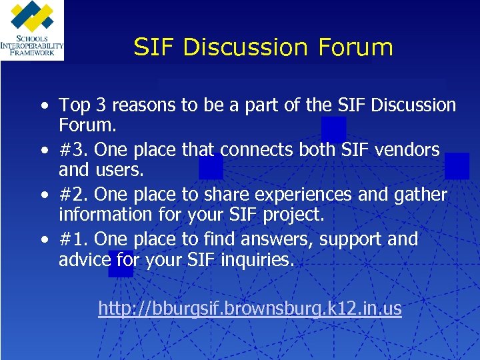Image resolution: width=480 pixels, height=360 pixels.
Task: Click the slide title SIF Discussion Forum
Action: pos(263,47)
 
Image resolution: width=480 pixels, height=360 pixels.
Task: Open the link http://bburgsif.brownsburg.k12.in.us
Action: pos(250,308)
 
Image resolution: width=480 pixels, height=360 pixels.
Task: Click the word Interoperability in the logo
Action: pos(32,46)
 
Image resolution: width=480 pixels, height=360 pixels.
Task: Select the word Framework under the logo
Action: pos(32,53)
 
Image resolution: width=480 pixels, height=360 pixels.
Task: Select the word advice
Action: pos(83,259)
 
